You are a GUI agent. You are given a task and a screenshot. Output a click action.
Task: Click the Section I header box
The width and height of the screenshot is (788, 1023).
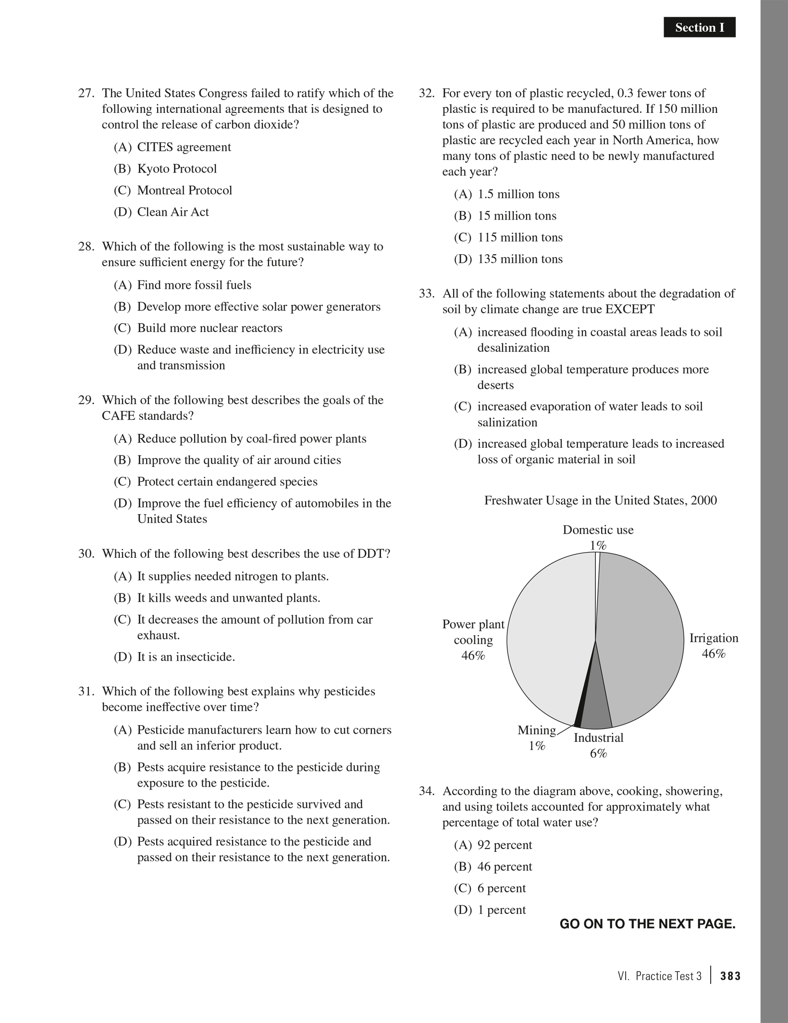pos(699,28)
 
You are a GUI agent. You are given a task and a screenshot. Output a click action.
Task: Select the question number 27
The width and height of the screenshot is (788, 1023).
pos(86,93)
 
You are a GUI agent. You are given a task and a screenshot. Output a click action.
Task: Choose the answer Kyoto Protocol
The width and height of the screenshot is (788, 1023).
pos(177,169)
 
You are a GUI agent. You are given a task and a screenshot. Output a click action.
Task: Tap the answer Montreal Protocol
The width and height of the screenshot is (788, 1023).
pos(185,190)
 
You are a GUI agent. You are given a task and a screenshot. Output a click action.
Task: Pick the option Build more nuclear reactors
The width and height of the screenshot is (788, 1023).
pos(209,328)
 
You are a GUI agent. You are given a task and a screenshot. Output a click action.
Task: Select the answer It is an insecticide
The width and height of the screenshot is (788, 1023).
pos(186,657)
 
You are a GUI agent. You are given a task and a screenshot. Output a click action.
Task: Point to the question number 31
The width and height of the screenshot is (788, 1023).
pos(86,691)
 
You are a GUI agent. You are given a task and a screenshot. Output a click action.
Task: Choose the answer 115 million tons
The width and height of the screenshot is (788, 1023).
pos(520,237)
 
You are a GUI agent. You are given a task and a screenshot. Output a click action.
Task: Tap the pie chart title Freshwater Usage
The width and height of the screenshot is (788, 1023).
pos(600,501)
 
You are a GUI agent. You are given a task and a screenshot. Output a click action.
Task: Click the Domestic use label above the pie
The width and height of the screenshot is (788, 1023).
pos(598,530)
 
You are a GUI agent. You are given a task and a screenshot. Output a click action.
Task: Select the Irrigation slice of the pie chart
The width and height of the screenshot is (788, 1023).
pos(644,634)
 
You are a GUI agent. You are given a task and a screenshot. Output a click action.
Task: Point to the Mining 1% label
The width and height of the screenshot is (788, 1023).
pos(537,738)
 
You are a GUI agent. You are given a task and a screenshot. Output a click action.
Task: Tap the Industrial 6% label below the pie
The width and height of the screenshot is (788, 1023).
pos(598,745)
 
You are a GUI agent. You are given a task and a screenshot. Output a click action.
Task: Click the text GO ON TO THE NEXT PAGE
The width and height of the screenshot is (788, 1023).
pos(647,924)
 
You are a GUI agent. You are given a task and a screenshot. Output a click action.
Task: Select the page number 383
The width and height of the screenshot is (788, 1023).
pos(730,976)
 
